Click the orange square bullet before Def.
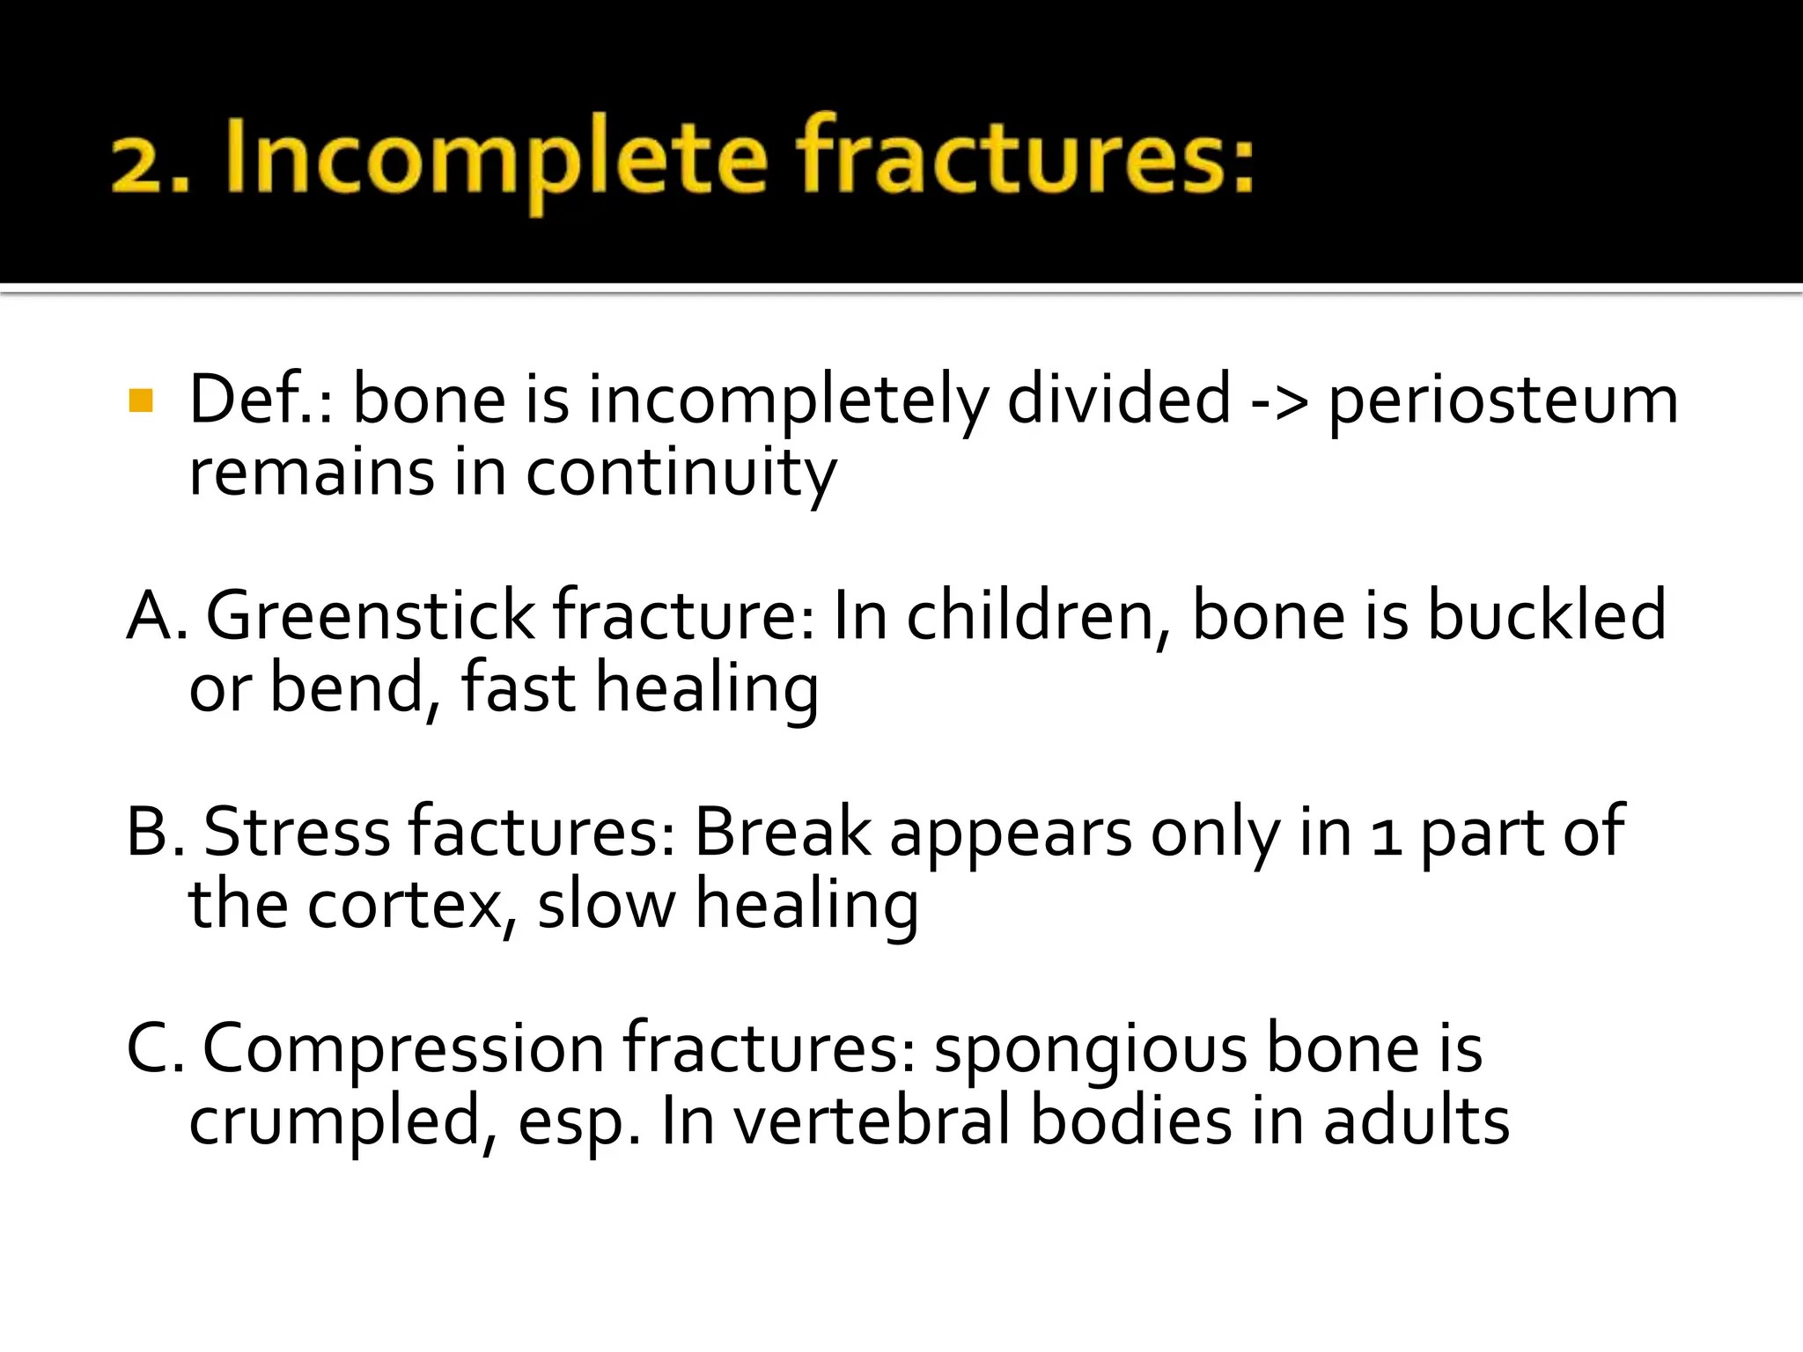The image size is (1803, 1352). click(x=141, y=401)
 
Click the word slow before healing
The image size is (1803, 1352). click(x=606, y=904)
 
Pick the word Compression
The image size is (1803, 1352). click(x=403, y=1049)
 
